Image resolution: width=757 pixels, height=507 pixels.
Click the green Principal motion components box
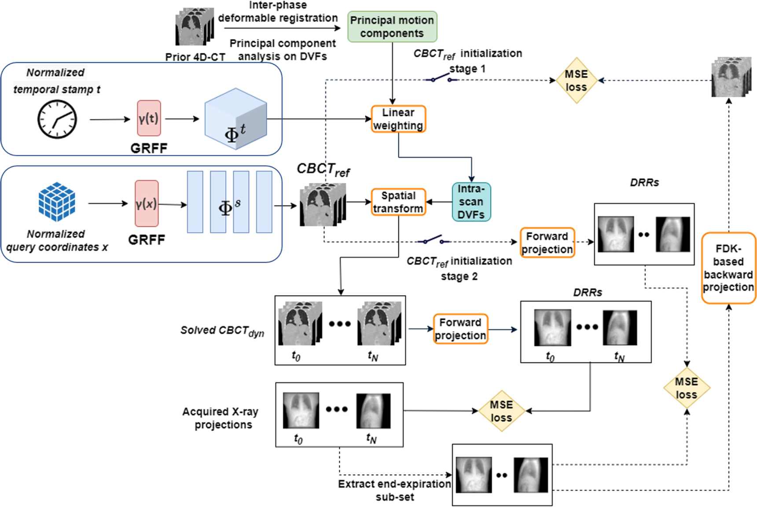point(392,27)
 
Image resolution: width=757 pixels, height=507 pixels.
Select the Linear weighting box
point(398,119)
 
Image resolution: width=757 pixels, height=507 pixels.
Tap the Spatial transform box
point(398,202)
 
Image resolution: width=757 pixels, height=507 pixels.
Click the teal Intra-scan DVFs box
point(471,202)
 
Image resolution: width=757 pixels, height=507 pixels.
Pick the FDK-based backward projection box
point(728,268)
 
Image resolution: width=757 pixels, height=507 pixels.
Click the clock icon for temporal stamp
point(57,119)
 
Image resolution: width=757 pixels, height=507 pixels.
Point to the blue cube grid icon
point(57,202)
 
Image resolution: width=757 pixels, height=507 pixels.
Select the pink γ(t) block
point(149,118)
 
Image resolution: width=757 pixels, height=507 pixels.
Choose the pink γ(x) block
point(146,204)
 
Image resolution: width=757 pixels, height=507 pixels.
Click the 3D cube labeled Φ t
point(235,119)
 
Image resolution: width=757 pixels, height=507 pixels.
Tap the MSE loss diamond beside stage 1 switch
point(576,81)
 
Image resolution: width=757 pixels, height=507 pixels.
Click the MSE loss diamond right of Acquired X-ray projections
point(501,411)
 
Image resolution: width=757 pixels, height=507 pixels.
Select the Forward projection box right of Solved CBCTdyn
point(460,329)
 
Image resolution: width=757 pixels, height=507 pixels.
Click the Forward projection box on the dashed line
point(547,242)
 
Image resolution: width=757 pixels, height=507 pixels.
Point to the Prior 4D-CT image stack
point(195,27)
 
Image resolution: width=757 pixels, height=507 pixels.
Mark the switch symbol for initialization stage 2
point(434,240)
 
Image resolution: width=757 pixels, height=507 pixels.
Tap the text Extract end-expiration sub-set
point(394,490)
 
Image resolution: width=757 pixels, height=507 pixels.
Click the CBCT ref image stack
point(323,205)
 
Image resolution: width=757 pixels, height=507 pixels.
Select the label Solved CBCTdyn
point(222,331)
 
